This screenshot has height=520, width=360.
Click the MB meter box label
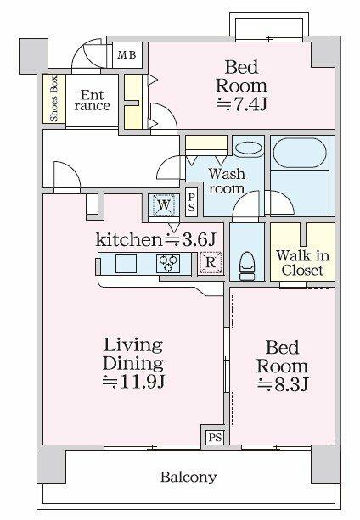click(x=126, y=56)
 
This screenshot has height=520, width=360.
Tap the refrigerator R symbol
click(x=211, y=263)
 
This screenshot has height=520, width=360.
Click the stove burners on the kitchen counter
click(x=166, y=264)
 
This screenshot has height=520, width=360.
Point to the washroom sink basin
click(x=249, y=148)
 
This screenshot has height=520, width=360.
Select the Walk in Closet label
click(x=301, y=263)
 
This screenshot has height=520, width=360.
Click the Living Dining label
click(x=132, y=354)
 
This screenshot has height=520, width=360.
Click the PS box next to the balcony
click(x=214, y=439)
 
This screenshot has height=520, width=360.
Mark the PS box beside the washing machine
click(x=192, y=205)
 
